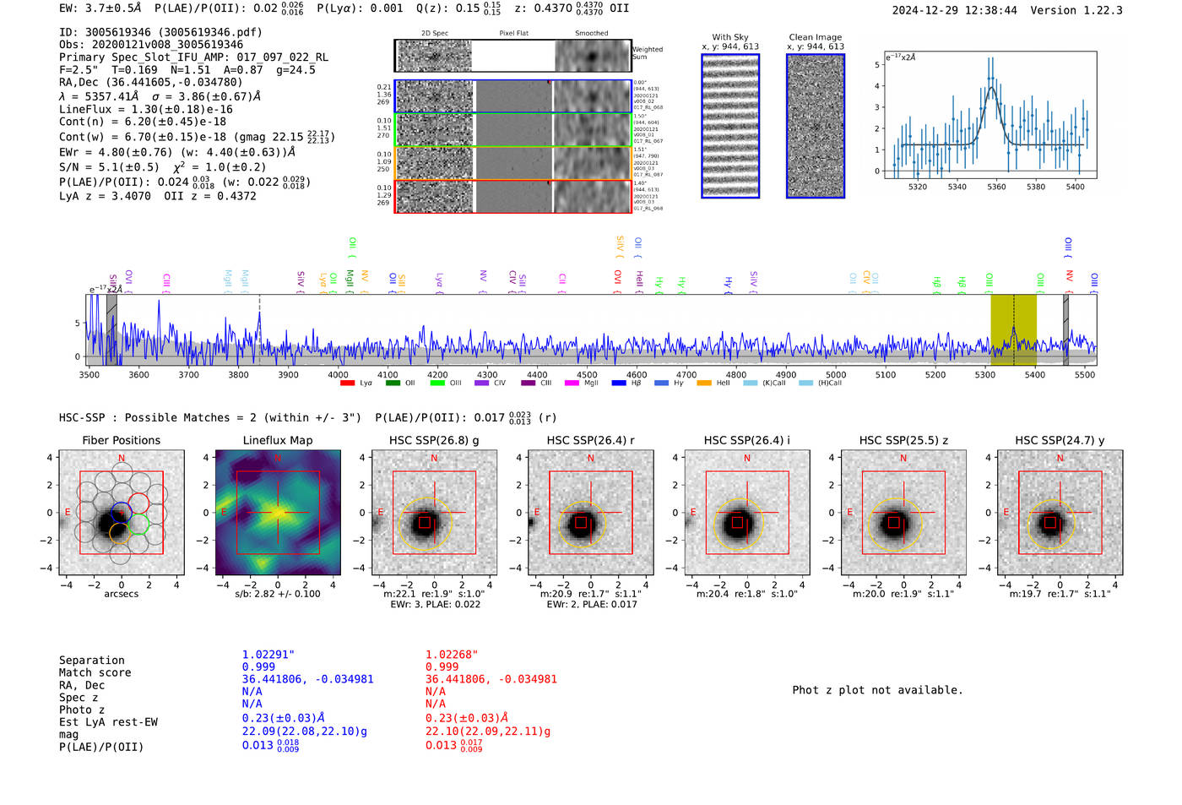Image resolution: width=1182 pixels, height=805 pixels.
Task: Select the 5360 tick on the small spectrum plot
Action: [x=996, y=187]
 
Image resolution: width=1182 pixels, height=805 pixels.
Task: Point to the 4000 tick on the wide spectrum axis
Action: [x=338, y=374]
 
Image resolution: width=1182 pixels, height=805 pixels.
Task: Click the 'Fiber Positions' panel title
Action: [x=121, y=440]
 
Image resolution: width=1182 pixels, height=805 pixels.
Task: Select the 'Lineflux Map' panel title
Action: [x=278, y=440]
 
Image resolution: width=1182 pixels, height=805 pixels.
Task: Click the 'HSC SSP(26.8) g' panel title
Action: [x=434, y=440]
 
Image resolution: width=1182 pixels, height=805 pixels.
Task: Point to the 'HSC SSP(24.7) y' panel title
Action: [x=1060, y=440]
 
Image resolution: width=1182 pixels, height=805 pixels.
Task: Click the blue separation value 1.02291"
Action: [x=268, y=655]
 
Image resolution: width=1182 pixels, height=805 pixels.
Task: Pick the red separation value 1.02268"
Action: [x=452, y=655]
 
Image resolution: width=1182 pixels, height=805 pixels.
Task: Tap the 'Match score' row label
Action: [x=95, y=672]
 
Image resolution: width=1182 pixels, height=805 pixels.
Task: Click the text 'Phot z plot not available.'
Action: [x=877, y=690]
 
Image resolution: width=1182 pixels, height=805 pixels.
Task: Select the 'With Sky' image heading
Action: [x=730, y=37]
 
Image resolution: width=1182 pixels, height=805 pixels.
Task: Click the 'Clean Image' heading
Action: [x=816, y=37]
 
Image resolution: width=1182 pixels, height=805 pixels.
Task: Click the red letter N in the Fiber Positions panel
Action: [x=122, y=459]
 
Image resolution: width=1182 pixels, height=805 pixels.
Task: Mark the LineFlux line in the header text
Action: [x=145, y=109]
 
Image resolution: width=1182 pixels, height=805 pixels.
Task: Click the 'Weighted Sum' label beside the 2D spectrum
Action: [x=648, y=53]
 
